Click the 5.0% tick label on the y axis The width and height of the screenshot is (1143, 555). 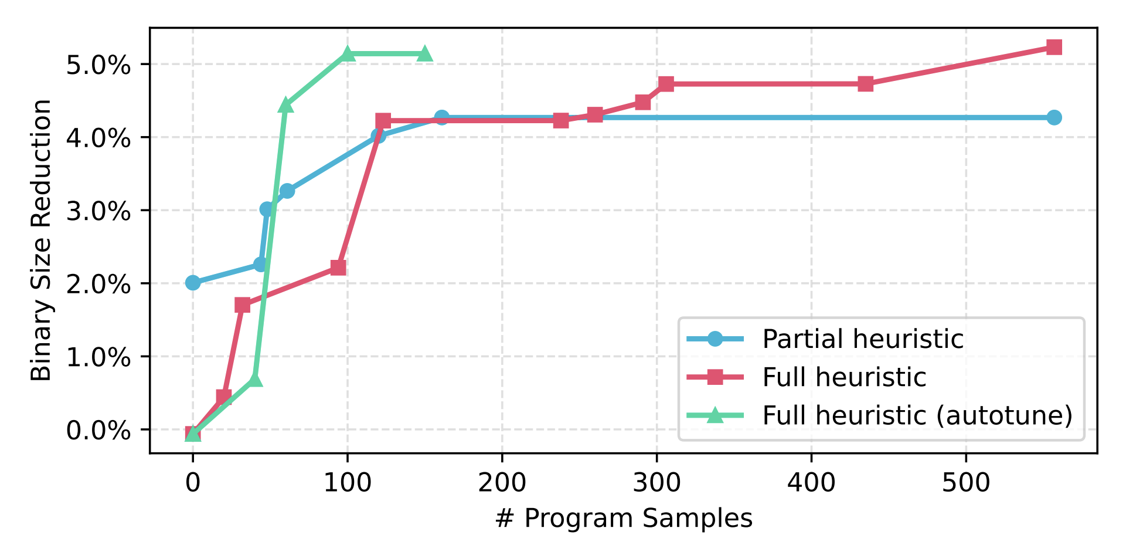(x=98, y=65)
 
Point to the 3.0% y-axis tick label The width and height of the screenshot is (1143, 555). (x=98, y=211)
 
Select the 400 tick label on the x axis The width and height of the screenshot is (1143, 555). (x=811, y=483)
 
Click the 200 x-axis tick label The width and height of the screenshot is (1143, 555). (x=502, y=483)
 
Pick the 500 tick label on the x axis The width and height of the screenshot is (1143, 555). (x=966, y=483)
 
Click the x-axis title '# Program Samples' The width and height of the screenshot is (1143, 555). (x=623, y=519)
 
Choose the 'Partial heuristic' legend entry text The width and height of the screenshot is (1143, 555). (x=862, y=339)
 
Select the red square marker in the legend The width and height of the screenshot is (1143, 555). (x=715, y=377)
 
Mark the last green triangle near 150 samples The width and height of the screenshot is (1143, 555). (x=425, y=54)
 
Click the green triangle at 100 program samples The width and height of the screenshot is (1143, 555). (x=348, y=54)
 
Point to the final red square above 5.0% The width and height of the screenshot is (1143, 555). (x=1054, y=48)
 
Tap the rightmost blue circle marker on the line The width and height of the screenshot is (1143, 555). (x=1054, y=117)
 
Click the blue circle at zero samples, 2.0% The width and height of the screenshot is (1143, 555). (x=193, y=283)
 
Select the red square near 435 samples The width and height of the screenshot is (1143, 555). (x=866, y=84)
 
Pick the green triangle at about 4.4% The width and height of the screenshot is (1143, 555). (x=285, y=105)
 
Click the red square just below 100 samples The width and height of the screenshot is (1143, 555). (x=338, y=268)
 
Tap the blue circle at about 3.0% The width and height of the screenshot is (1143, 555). (x=267, y=209)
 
